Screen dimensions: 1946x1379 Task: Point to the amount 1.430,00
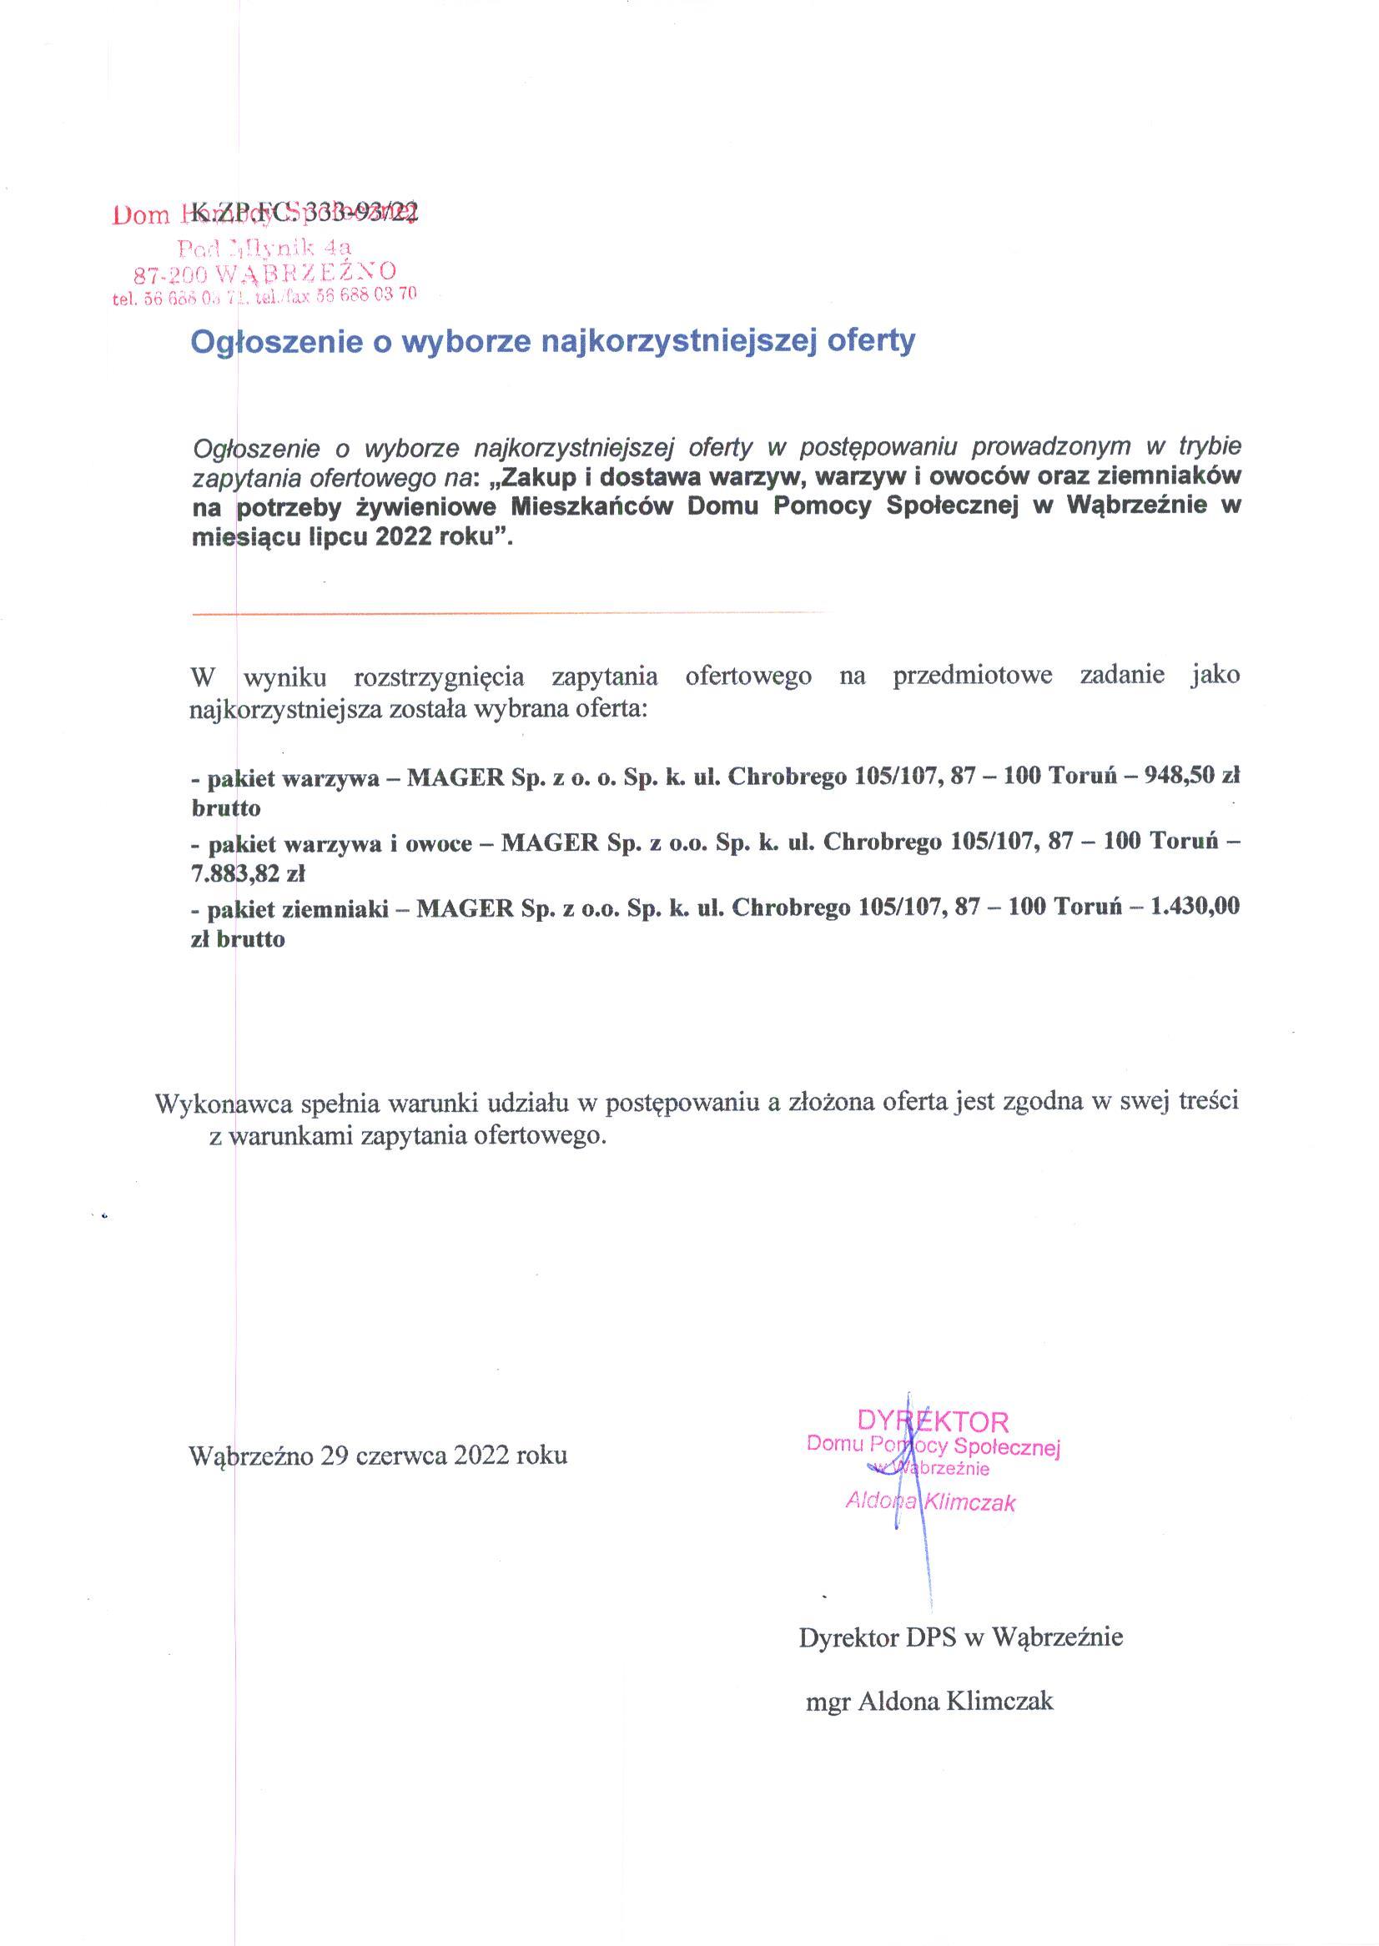[x=1194, y=906]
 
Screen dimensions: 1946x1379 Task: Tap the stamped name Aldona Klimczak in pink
[x=930, y=1502]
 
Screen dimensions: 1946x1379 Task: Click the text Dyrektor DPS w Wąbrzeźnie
[x=960, y=1637]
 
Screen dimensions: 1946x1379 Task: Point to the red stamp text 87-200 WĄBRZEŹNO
[x=265, y=273]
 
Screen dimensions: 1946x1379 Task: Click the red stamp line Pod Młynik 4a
[x=264, y=248]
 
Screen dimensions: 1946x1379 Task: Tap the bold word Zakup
[x=536, y=475]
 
